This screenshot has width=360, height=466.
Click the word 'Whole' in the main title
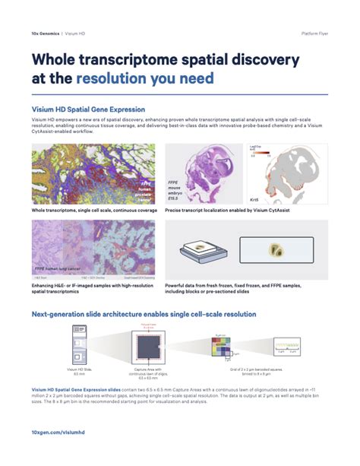point(60,60)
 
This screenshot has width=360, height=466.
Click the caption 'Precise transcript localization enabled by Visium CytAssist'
point(229,210)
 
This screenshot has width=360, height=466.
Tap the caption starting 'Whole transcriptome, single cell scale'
point(87,210)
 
